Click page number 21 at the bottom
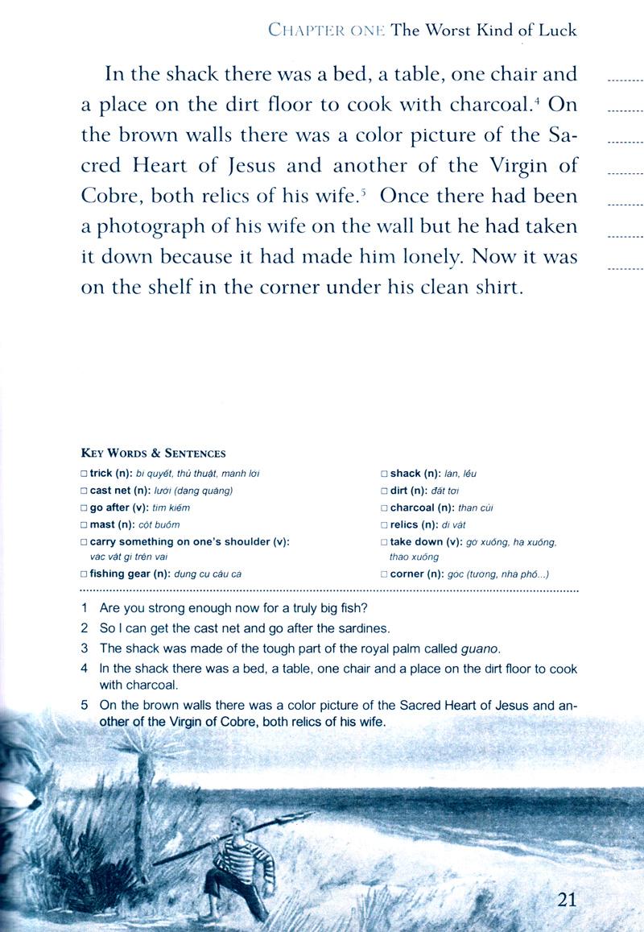click(567, 900)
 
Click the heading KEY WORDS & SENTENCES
click(153, 454)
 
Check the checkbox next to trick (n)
click(85, 474)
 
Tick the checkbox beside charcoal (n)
click(385, 508)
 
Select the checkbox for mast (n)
click(85, 524)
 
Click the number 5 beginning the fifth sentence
click(84, 706)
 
